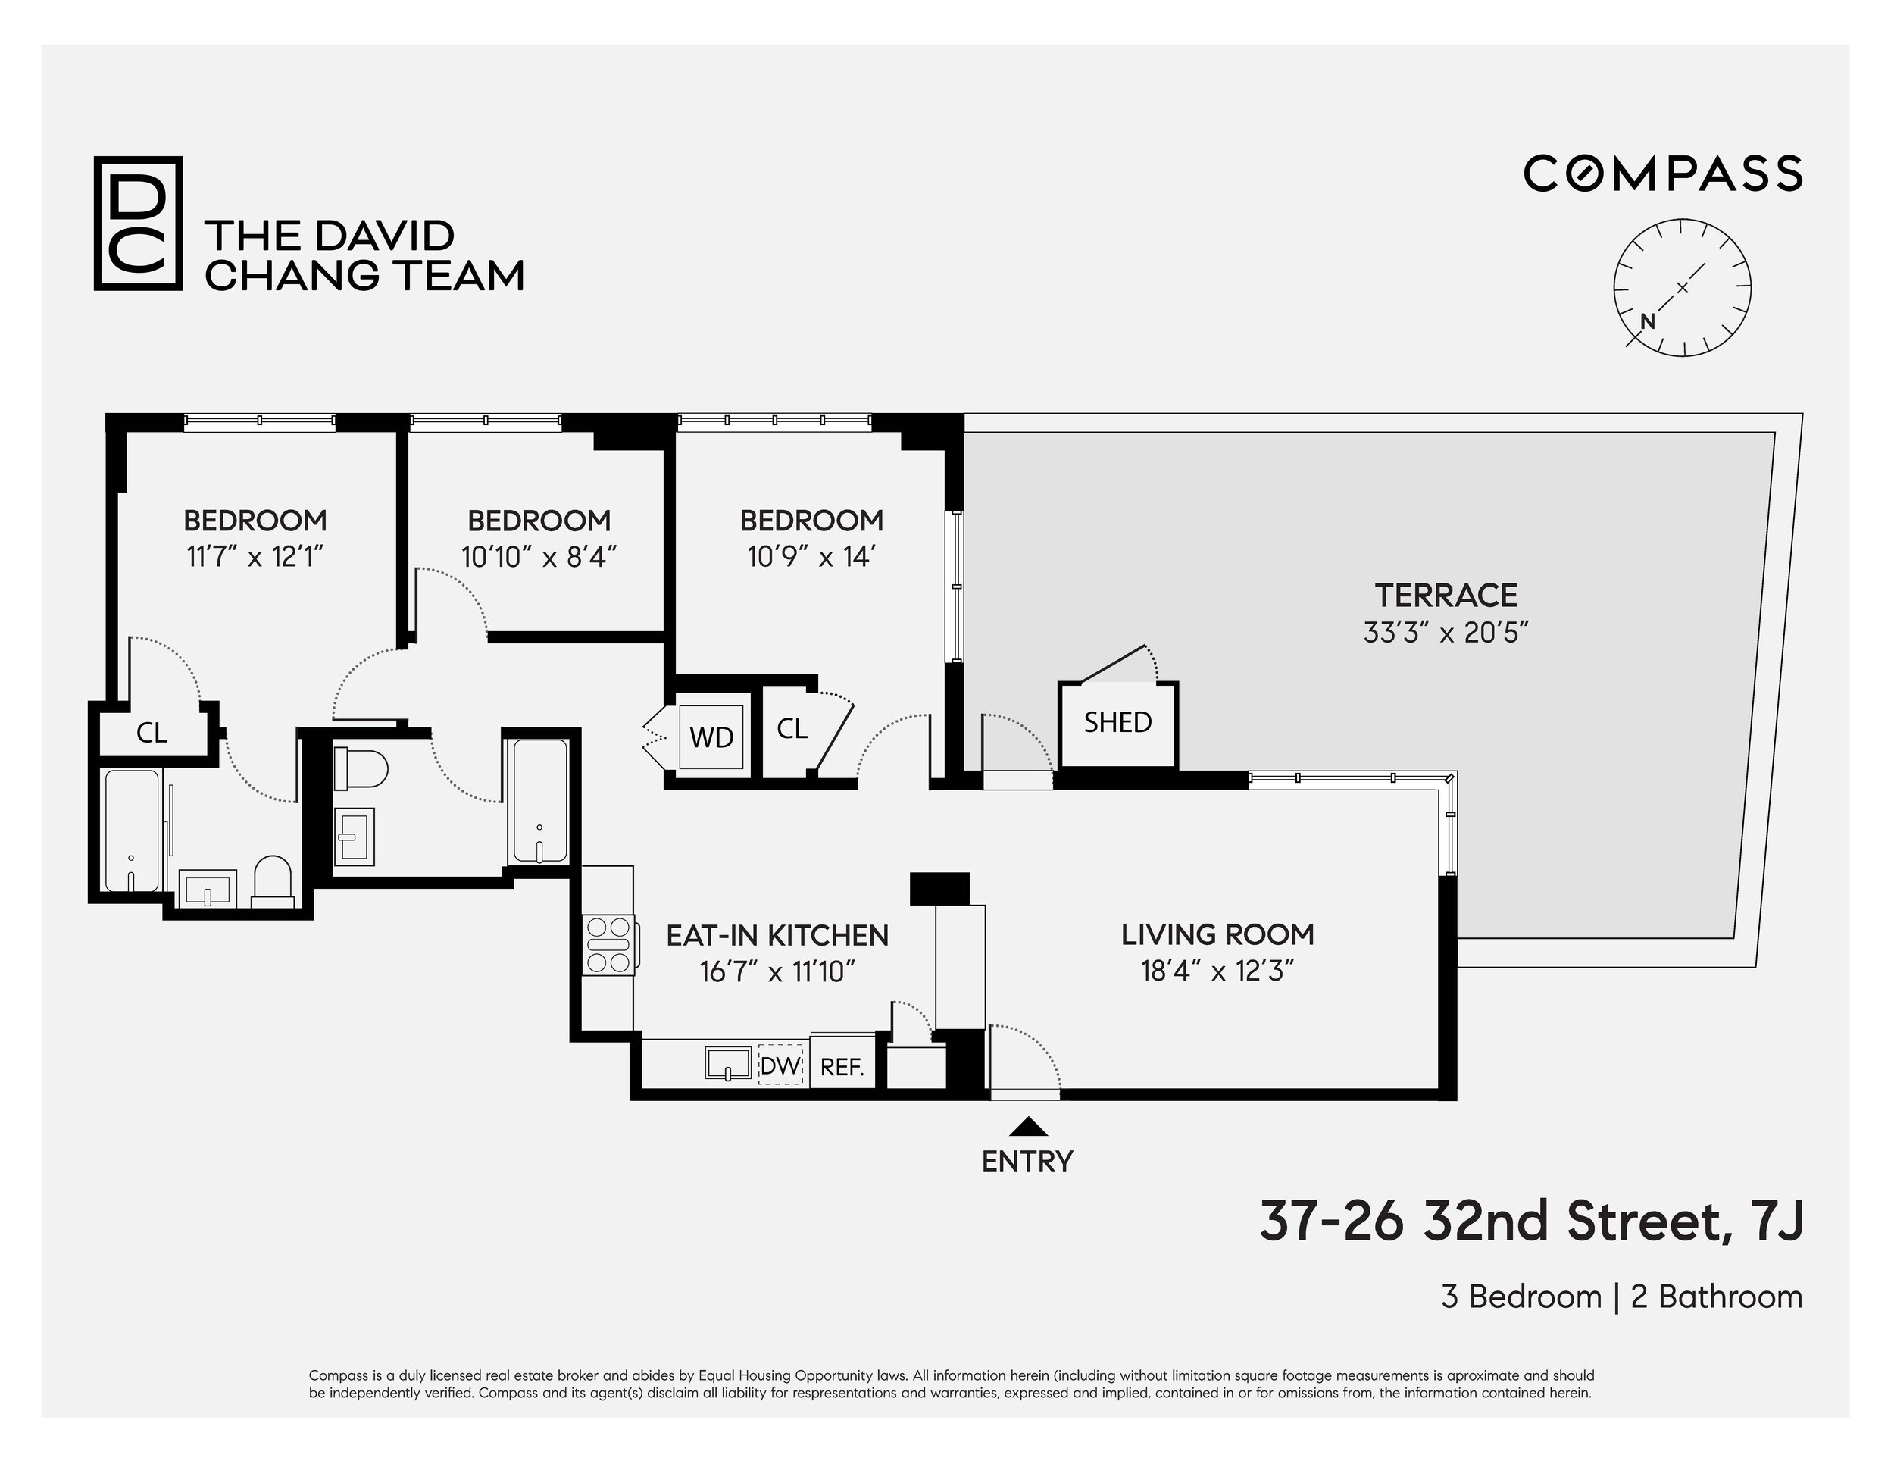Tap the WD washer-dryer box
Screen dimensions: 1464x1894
[x=711, y=737]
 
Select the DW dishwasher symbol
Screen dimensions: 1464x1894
[x=780, y=1065]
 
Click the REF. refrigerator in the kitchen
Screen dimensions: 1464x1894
[x=842, y=1067]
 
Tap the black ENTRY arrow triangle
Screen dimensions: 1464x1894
[x=1029, y=1127]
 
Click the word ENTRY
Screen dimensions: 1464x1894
[x=1027, y=1162]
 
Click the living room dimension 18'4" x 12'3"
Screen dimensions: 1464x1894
[x=1217, y=971]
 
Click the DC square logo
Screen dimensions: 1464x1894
[x=138, y=223]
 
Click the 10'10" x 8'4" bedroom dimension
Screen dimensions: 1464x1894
[x=539, y=557]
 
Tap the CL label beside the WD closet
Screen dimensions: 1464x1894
[x=791, y=728]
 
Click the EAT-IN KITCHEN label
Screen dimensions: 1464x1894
[x=777, y=936]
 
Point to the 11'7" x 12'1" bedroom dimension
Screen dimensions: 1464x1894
[x=255, y=557]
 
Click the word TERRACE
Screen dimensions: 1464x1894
[x=1446, y=596]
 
